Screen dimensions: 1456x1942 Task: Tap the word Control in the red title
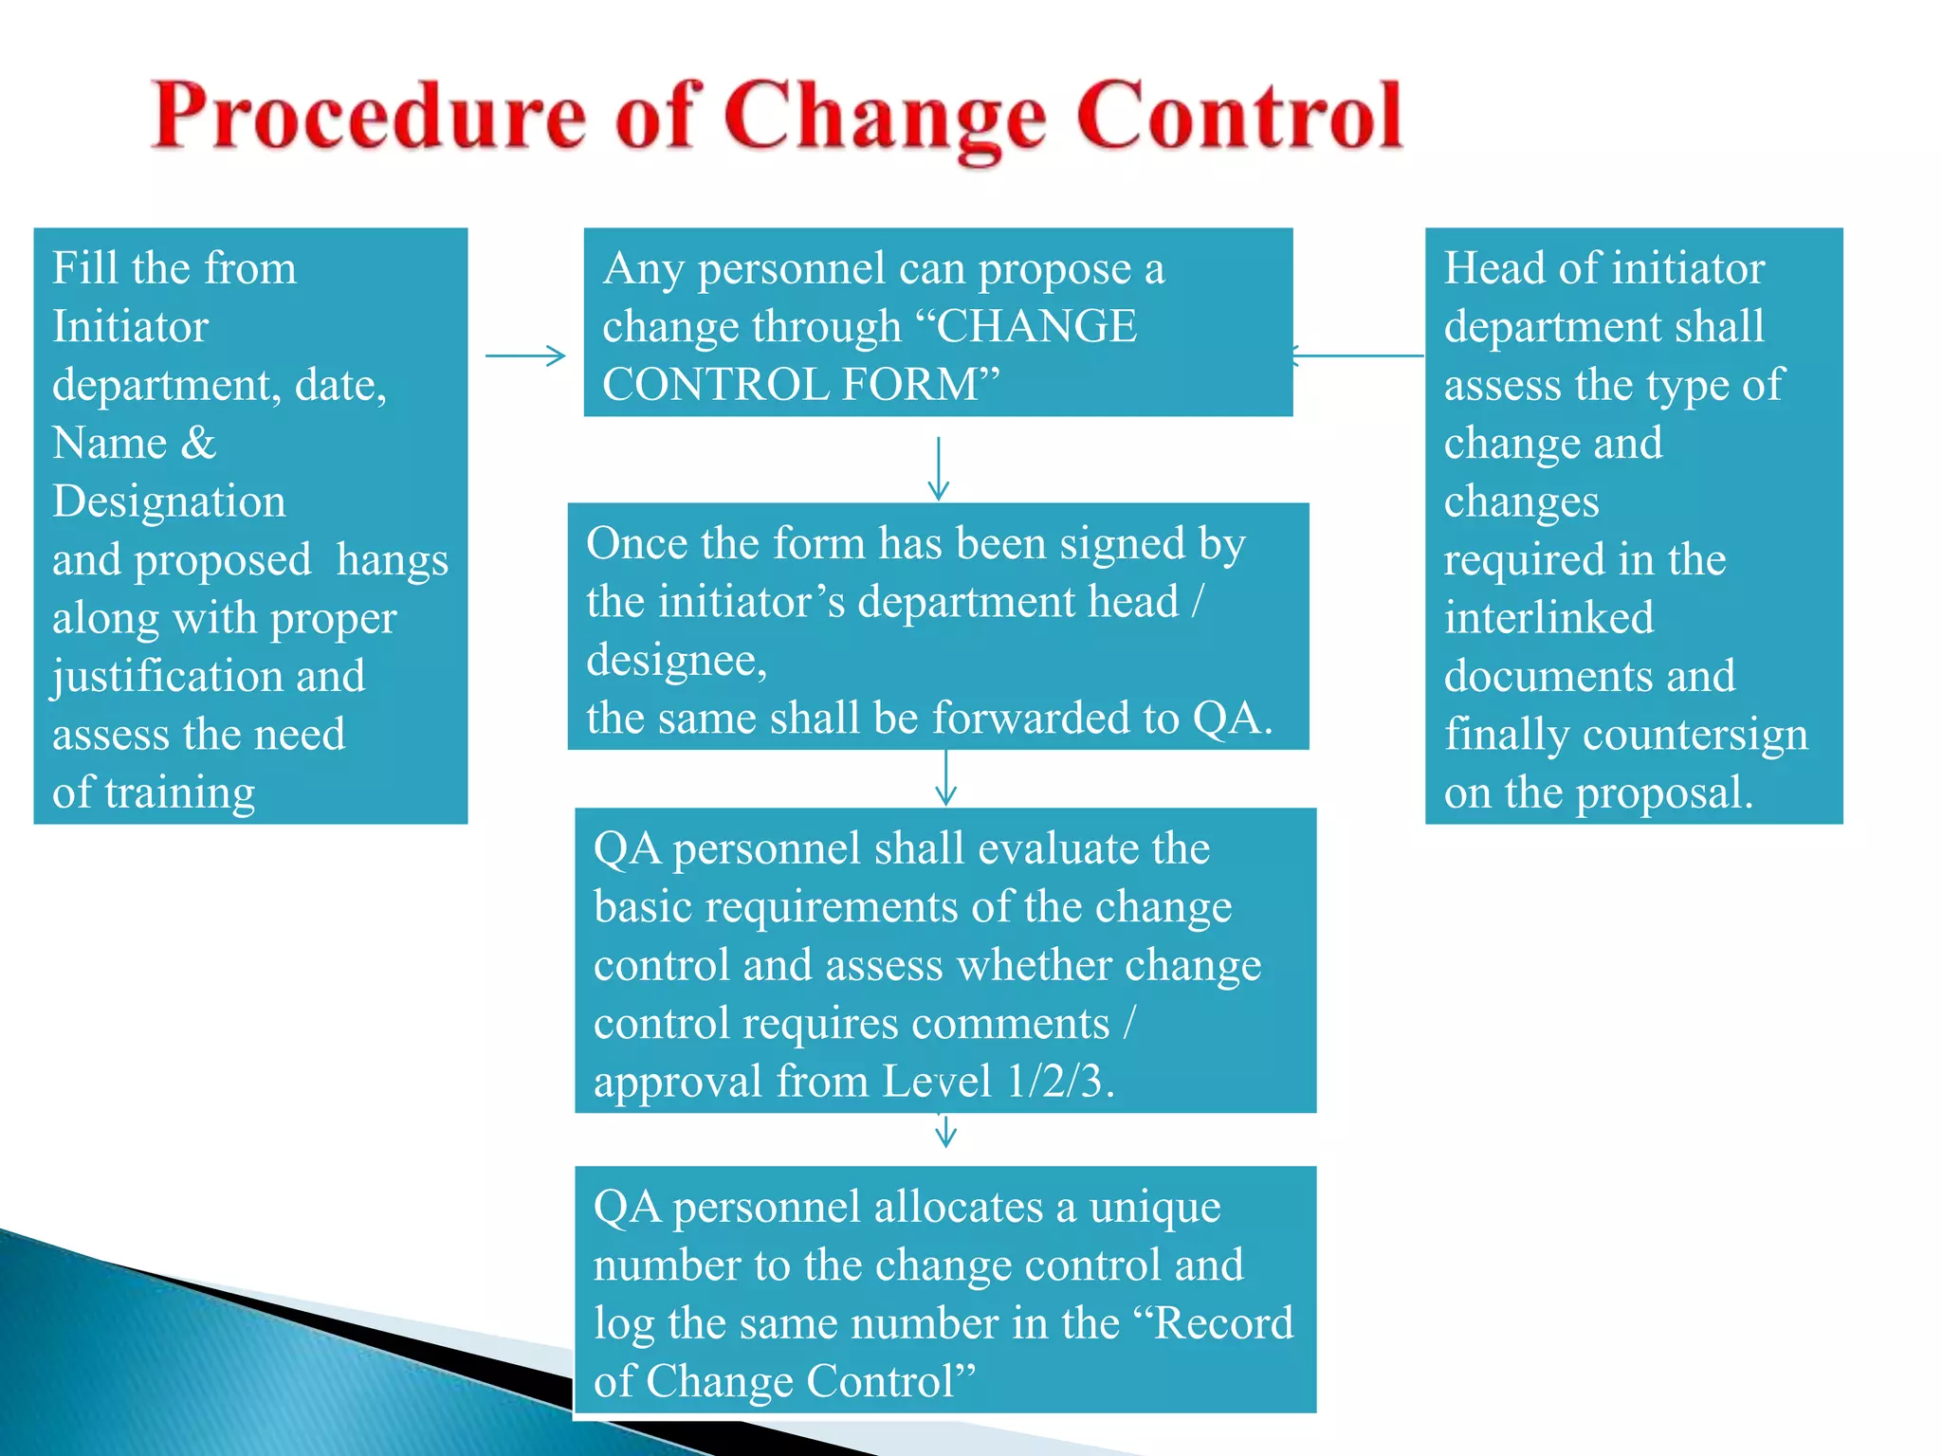coord(1239,117)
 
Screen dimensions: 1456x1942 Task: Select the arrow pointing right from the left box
coord(525,356)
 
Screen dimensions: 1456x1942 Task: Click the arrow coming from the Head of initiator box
coord(1356,356)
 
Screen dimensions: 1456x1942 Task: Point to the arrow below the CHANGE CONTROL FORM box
coord(938,468)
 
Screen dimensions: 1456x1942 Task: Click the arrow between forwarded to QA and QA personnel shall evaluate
coord(945,777)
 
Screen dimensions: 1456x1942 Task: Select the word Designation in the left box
coord(169,501)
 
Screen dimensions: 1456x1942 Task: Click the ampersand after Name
coord(198,443)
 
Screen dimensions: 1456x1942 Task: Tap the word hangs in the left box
coord(392,560)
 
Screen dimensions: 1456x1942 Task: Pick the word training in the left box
coord(179,793)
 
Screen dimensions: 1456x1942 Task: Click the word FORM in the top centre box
coord(910,385)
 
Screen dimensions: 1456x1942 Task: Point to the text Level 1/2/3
coord(998,1082)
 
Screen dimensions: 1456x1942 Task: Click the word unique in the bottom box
coord(1155,1208)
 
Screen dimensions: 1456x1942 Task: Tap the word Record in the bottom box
coord(1223,1323)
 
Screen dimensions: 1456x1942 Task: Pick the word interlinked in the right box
coord(1548,618)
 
